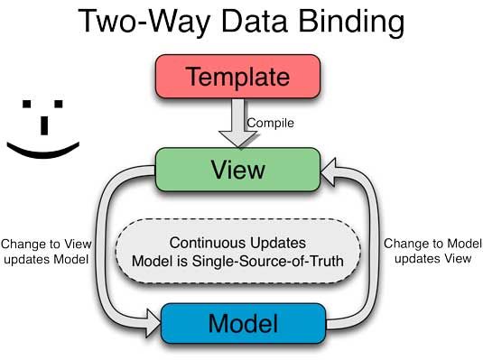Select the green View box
[239, 169]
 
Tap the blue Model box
[242, 323]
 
